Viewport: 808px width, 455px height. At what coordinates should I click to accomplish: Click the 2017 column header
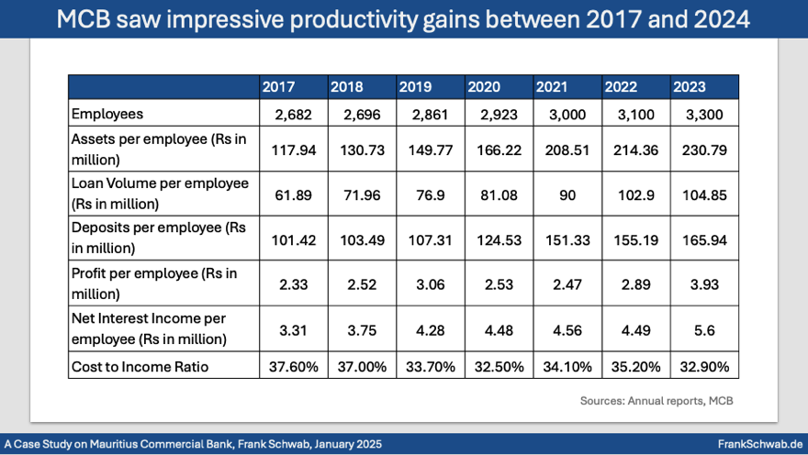278,87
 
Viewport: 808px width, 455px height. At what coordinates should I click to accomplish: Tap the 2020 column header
484,87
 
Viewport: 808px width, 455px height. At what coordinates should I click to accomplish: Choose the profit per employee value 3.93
704,283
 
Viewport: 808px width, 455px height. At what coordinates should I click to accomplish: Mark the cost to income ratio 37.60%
294,367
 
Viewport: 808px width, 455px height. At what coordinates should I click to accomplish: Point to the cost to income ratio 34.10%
567,367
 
